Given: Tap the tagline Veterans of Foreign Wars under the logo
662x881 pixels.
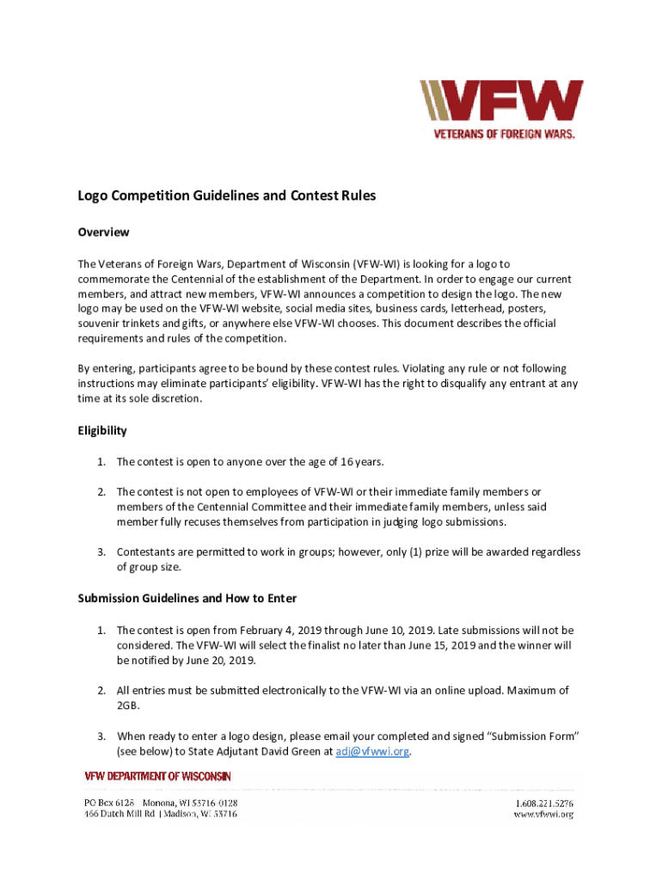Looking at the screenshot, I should coord(503,134).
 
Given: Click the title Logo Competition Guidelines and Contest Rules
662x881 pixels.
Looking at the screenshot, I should coord(227,196).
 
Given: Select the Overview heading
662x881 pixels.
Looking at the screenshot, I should coord(103,232).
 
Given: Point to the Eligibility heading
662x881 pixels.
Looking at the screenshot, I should coord(102,430).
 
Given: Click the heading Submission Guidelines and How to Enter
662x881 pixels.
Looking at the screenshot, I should coord(187,598).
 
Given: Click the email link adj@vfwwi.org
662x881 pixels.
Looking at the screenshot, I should coord(372,751).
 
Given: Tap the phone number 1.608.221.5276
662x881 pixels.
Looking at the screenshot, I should coord(543,803).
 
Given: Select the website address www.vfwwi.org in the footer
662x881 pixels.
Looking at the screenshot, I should coord(543,815).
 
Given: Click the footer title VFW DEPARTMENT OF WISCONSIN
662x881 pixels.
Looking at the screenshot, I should coord(157,776).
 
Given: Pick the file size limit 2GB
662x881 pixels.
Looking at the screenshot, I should coord(128,705).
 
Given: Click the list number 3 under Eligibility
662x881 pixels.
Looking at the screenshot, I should coord(101,551).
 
